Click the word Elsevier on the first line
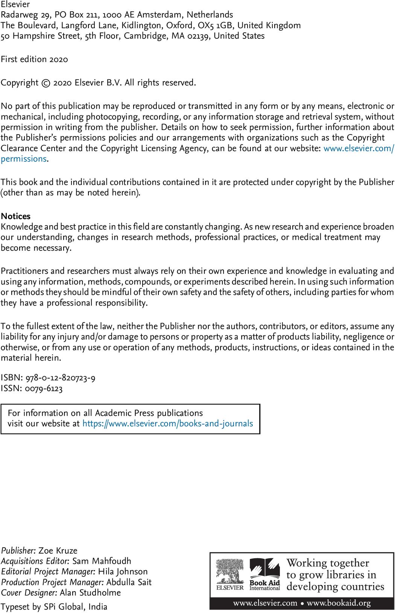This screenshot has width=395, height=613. point(15,5)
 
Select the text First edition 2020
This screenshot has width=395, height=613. point(34,59)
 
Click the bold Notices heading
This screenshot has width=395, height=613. point(15,216)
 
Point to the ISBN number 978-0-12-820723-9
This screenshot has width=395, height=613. point(60,378)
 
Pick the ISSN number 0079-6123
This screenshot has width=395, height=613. point(44,388)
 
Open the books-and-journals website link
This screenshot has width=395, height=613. point(167,424)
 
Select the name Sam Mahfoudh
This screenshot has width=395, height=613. point(102,561)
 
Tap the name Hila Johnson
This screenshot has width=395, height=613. point(123,572)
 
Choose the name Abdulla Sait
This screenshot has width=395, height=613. point(129,582)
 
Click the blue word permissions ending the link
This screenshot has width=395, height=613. point(24,159)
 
